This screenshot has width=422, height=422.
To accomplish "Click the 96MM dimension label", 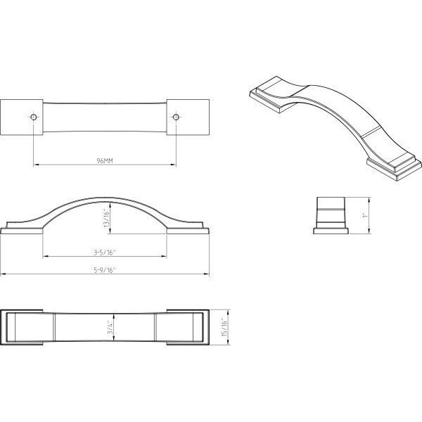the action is coord(105,160).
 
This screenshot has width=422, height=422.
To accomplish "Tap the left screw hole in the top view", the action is coord(33,117).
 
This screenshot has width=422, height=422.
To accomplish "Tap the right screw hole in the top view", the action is coord(176,117).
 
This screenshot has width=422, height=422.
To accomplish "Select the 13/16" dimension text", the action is coord(107,219).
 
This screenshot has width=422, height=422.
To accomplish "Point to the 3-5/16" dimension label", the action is coord(104,252).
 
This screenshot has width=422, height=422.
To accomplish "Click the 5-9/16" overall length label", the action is coord(105,270).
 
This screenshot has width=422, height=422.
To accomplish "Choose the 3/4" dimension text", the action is coord(110,327).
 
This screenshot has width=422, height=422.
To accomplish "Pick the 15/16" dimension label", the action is coord(224,327).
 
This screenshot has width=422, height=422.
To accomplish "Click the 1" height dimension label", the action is coord(365,215).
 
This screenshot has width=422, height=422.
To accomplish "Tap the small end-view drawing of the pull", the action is coord(331,215).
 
